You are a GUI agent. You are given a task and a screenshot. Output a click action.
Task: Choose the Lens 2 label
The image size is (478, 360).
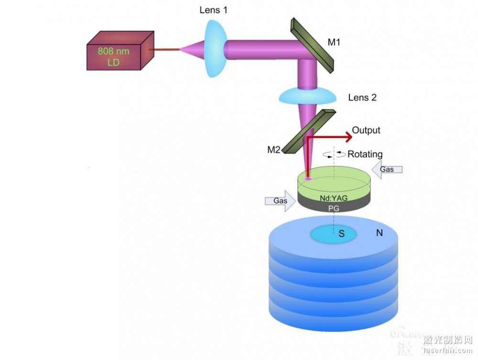click(x=362, y=98)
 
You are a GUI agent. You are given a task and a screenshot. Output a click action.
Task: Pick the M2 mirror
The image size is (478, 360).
click(x=308, y=131)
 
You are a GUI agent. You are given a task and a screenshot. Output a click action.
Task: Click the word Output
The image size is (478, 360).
click(x=366, y=130)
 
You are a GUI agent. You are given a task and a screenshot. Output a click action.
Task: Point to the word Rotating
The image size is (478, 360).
click(x=365, y=154)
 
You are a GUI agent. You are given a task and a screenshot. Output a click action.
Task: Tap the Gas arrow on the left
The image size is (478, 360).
click(x=281, y=201)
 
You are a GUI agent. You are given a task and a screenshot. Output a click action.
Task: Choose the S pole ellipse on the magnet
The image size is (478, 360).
click(x=334, y=234)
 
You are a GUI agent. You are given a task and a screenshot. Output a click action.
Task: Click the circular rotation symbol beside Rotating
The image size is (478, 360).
click(x=333, y=154)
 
